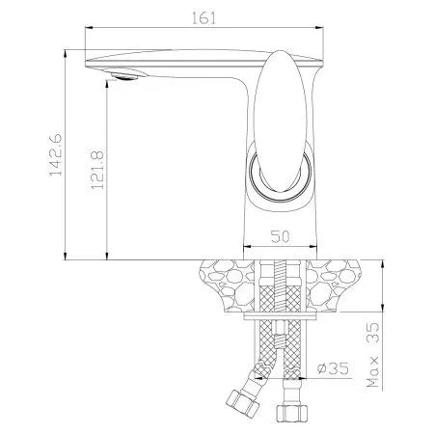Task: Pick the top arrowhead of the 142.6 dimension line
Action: point(65,48)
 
